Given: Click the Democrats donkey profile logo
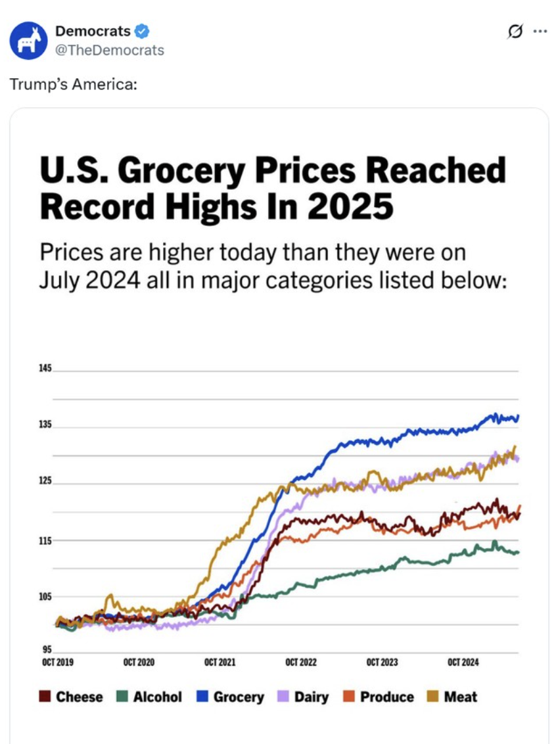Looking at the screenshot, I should tap(28, 40).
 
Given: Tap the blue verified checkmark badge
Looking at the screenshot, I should tap(141, 30).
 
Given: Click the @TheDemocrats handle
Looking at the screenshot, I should tap(109, 50).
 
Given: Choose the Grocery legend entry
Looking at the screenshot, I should tap(231, 697).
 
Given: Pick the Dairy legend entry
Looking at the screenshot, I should tap(304, 697).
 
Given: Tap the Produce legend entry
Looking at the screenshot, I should tap(379, 697).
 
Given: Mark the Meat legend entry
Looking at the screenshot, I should tap(453, 697).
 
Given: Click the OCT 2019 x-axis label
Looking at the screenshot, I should tap(57, 663).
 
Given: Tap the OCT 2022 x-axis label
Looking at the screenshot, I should tap(301, 663).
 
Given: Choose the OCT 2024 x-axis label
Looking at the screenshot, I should tap(463, 663).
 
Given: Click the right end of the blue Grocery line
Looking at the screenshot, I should tap(518, 417).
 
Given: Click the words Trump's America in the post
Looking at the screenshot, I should tap(72, 85).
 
